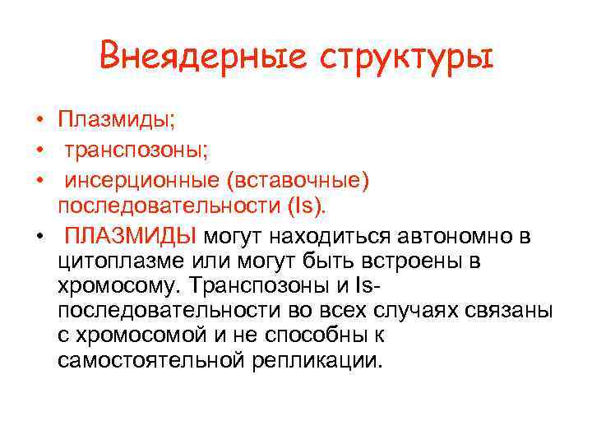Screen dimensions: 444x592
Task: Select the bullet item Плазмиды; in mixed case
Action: click(x=116, y=120)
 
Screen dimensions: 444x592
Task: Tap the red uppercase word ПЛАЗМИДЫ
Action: click(x=131, y=237)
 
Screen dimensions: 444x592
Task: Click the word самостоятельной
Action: click(x=142, y=360)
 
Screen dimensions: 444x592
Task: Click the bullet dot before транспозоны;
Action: click(x=39, y=150)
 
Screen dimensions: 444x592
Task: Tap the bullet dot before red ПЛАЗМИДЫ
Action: click(x=39, y=238)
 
